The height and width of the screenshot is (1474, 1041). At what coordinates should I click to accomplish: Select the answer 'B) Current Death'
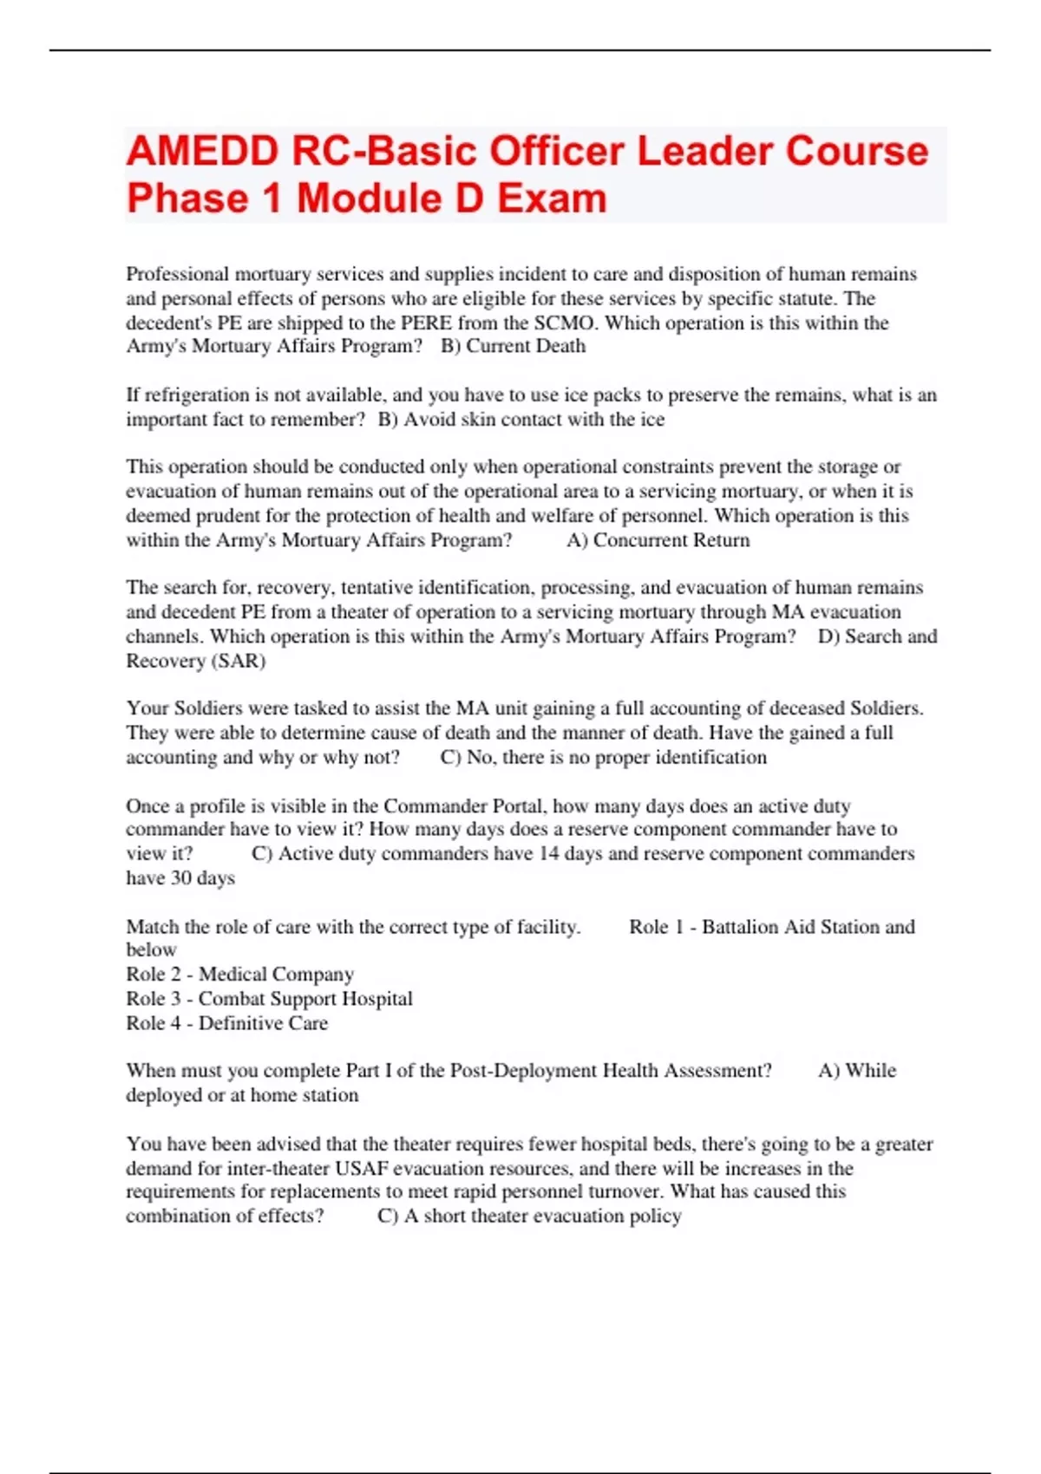pos(514,346)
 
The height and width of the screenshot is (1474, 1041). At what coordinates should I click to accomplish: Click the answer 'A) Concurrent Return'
pos(658,540)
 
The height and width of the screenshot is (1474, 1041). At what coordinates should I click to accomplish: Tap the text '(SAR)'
pos(238,661)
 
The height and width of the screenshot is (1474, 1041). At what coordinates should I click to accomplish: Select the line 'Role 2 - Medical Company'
pos(240,975)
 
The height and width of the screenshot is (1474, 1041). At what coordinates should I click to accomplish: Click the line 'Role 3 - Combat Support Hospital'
pos(269,999)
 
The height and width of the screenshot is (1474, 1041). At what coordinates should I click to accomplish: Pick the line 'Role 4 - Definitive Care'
pos(227,1023)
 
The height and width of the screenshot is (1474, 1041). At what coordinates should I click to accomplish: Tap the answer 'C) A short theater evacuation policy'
pos(529,1216)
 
